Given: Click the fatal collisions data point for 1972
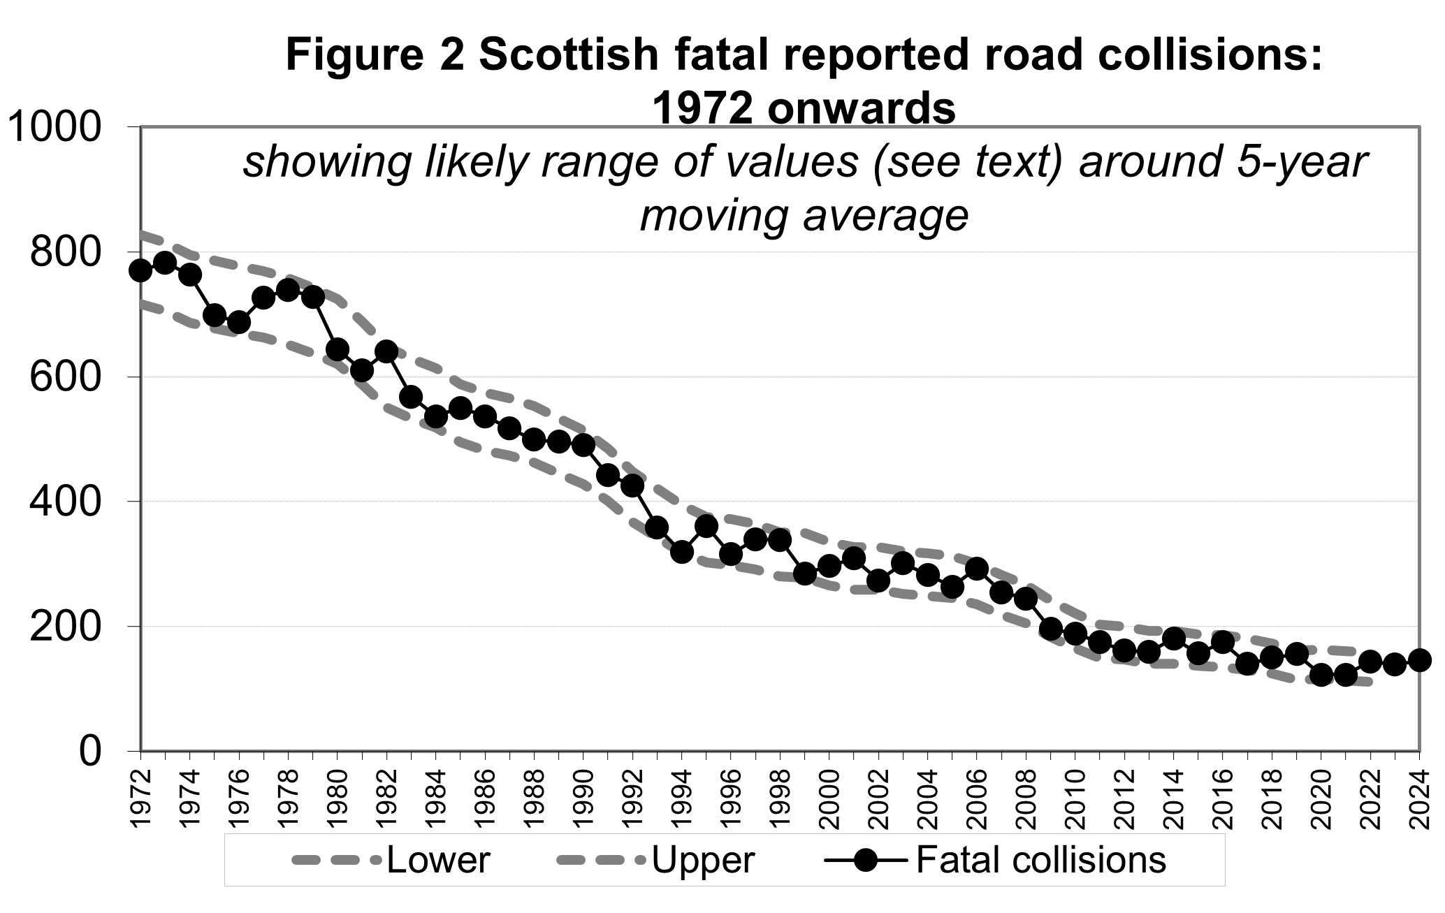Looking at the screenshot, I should pos(140,270).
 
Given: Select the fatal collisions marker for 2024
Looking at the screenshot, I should pos(1419,660).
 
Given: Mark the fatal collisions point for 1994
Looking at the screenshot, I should pos(681,552).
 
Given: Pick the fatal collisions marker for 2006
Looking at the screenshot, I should pos(977,569).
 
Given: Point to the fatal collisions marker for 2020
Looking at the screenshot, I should pos(1321,675).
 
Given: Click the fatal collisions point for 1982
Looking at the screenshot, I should pos(386,351).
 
